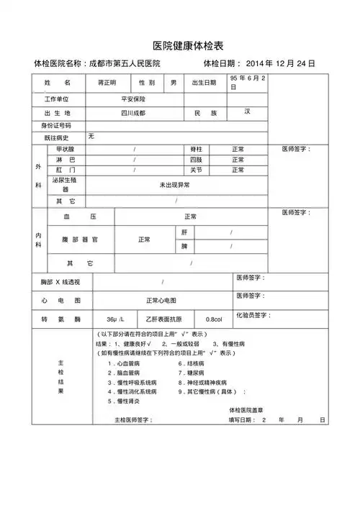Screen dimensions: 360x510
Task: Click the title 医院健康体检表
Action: (180, 46)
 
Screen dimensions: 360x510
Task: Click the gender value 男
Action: (173, 83)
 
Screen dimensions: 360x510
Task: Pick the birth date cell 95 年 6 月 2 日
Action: (248, 82)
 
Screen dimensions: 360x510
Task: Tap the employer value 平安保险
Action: (132, 99)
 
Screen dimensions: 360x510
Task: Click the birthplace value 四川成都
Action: (132, 114)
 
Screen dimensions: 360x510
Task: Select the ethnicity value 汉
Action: (247, 111)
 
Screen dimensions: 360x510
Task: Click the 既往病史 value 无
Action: (91, 136)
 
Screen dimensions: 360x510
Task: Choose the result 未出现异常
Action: (175, 186)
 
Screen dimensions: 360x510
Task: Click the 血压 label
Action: (80, 217)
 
